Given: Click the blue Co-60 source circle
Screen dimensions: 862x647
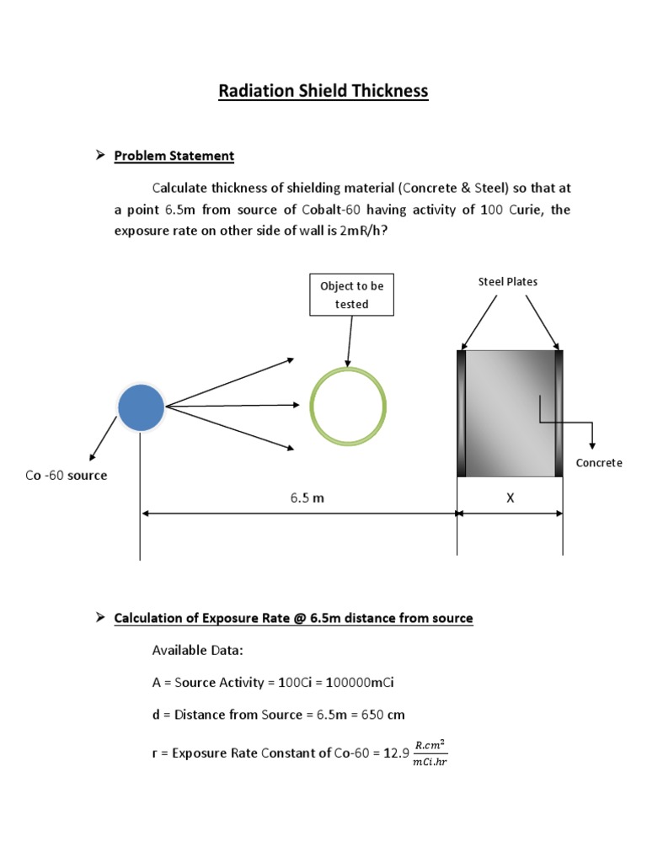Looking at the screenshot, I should (141, 407).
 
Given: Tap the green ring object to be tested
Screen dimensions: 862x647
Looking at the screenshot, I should (348, 406).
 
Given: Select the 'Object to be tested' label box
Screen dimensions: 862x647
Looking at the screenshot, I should (351, 295).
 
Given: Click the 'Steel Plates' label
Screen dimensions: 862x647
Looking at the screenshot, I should (508, 282).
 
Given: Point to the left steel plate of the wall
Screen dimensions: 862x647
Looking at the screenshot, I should (462, 412).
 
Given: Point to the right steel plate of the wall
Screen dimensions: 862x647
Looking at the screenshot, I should (559, 412).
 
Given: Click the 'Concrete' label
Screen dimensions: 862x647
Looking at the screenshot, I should (598, 463).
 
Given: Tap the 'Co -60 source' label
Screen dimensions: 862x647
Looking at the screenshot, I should (67, 476).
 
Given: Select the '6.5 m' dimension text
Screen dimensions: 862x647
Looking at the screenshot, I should (307, 498).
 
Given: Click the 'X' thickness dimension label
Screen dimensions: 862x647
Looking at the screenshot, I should (510, 498).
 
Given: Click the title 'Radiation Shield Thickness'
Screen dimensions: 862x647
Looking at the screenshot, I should (323, 90).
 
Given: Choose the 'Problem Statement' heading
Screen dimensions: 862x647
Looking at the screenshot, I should (174, 156).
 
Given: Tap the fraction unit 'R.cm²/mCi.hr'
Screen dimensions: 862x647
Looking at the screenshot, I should (430, 753).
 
